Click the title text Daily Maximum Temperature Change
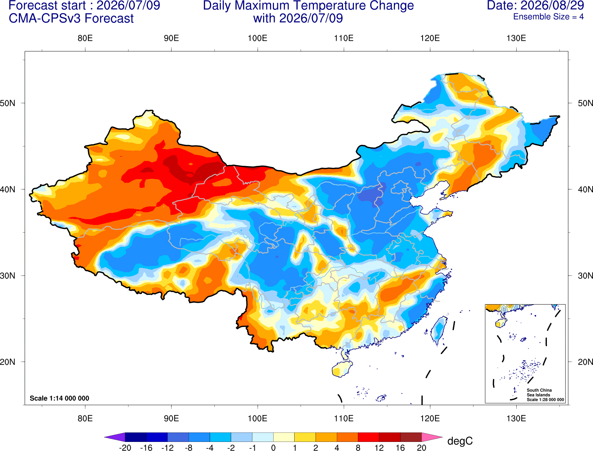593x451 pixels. click(x=308, y=6)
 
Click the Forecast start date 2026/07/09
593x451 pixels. click(x=128, y=5)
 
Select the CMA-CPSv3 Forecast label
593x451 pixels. click(x=71, y=19)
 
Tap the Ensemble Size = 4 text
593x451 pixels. click(x=548, y=17)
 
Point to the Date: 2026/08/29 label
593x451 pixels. click(x=536, y=5)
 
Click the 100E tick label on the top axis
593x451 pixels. click(x=258, y=38)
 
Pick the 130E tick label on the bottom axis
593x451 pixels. click(x=516, y=419)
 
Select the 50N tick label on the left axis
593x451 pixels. click(x=8, y=103)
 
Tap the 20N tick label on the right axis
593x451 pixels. click(x=585, y=362)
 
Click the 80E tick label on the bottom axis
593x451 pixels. click(x=85, y=419)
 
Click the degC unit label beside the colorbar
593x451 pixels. click(x=460, y=441)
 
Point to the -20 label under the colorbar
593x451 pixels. click(x=125, y=448)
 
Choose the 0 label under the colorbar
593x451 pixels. click(x=273, y=448)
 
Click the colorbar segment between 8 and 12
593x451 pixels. click(x=368, y=437)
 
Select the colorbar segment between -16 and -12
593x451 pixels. click(x=157, y=437)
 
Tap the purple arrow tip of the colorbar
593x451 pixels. click(x=105, y=437)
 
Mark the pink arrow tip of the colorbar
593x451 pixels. click(x=441, y=437)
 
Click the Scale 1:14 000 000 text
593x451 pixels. click(x=60, y=398)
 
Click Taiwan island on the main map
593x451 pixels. click(x=438, y=330)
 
